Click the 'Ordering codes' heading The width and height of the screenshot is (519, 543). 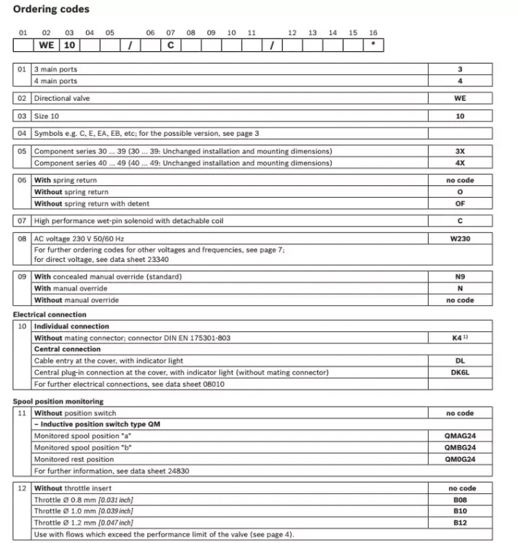tap(52, 9)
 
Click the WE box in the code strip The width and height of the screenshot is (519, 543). tap(46, 45)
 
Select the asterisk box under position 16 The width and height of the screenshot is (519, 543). tap(373, 45)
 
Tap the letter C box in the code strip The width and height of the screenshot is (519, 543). tap(171, 45)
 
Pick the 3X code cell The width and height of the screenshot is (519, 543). tap(460, 152)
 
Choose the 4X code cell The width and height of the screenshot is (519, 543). tap(460, 163)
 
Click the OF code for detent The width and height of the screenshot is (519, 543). tap(460, 204)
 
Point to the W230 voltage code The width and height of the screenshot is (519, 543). tap(460, 239)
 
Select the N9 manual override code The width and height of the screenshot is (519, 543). tap(460, 277)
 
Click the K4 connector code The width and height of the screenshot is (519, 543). tap(460, 338)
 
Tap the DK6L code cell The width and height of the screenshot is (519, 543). tap(460, 372)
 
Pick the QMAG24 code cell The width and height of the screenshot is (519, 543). tap(460, 436)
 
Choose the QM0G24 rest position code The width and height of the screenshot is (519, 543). tap(460, 459)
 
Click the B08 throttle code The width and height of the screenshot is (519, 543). tap(460, 500)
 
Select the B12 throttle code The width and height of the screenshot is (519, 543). tap(460, 523)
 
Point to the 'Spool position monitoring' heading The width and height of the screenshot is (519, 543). tap(58, 401)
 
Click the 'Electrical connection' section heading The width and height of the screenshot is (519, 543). tap(50, 315)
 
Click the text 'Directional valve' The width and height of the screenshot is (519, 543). tap(62, 99)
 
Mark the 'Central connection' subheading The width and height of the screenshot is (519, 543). tap(67, 349)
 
